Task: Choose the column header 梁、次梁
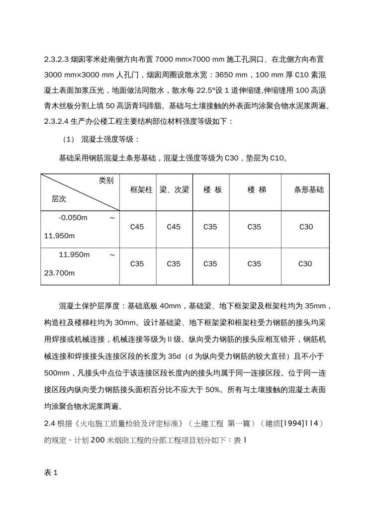click(174, 190)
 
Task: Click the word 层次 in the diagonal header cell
click(59, 199)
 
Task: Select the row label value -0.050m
click(73, 218)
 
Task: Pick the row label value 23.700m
click(59, 273)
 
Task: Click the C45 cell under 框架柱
click(137, 227)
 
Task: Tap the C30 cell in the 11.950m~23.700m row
click(306, 264)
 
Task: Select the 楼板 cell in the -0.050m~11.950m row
click(210, 227)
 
